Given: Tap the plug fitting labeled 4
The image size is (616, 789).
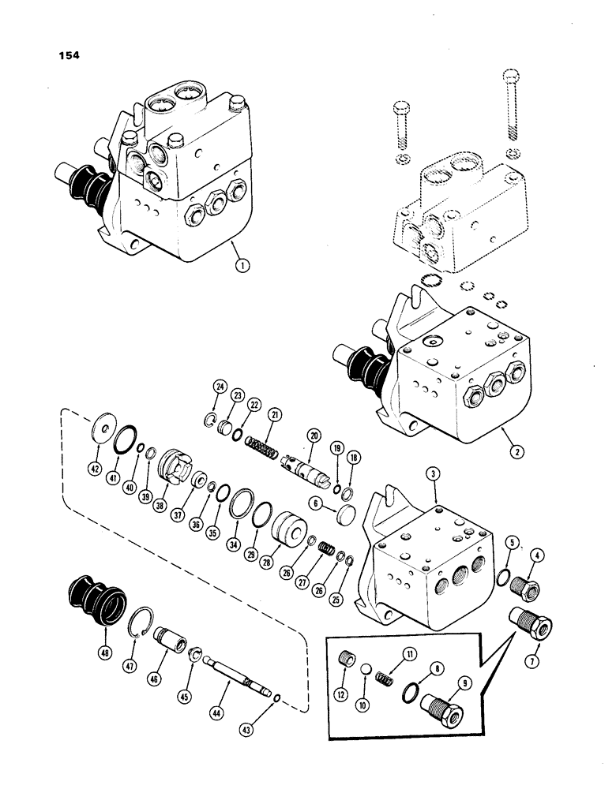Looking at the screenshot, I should [x=522, y=585].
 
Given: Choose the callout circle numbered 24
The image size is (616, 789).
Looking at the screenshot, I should [x=219, y=387].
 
